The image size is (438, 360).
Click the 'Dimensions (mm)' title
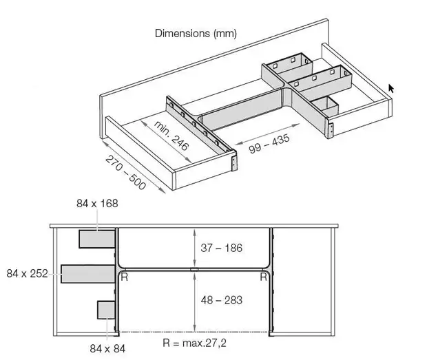coord(196,34)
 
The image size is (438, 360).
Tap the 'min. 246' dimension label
coord(171,136)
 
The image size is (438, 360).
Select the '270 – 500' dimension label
coord(126,172)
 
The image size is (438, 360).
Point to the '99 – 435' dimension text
coord(269,144)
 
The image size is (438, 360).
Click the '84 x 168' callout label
coord(97,203)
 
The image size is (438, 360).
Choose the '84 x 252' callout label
coord(27,273)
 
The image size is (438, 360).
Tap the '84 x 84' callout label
coord(107,348)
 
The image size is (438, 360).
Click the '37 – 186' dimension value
coord(221,248)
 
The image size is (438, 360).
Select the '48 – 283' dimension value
coord(222,300)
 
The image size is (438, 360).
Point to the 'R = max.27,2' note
coord(194,343)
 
